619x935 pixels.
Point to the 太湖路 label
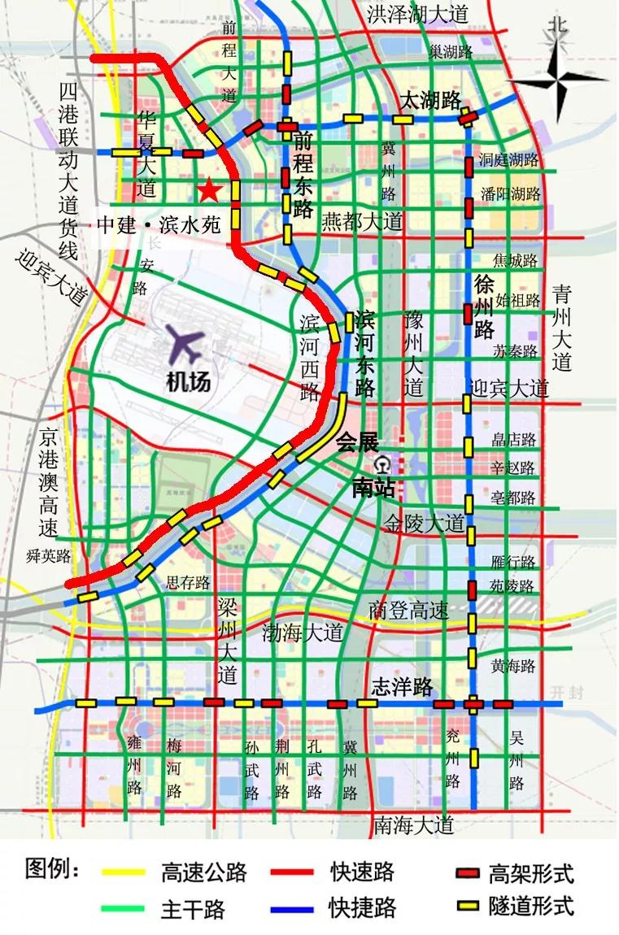coord(429,101)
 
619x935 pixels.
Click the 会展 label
coord(358,444)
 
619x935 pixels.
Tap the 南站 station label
coord(373,488)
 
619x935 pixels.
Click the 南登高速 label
coord(408,610)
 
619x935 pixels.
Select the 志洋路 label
coord(402,686)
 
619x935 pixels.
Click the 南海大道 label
coord(413,824)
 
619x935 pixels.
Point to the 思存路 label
coord(188,582)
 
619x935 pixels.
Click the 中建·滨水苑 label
coord(159,225)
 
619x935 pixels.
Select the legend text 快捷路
coord(361,906)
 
